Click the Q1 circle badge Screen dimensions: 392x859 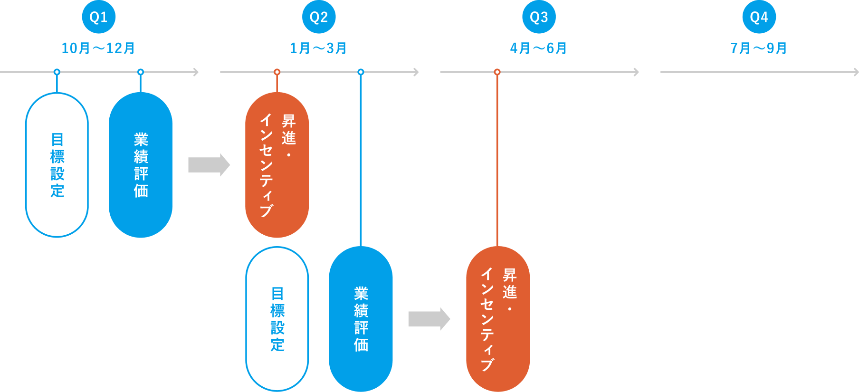98,17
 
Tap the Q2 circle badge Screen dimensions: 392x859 319,17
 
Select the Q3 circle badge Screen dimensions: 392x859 539,17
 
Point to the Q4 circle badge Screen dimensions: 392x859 759,17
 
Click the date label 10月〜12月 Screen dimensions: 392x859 98,48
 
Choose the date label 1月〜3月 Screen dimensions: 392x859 318,48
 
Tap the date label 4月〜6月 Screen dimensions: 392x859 538,48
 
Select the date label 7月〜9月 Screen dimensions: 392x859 759,48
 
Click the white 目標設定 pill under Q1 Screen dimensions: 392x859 57,164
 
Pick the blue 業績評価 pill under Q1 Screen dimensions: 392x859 141,164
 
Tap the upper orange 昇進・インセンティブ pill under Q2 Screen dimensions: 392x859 277,164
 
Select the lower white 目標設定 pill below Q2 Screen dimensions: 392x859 277,318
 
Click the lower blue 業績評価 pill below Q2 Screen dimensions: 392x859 361,318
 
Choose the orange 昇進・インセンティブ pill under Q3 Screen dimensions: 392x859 497,318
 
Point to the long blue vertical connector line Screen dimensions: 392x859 361,159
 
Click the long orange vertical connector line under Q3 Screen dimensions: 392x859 497,159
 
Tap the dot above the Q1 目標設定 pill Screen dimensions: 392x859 57,72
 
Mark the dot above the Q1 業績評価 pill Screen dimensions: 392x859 141,72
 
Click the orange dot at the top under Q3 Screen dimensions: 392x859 497,72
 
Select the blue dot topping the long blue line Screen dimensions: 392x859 361,72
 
